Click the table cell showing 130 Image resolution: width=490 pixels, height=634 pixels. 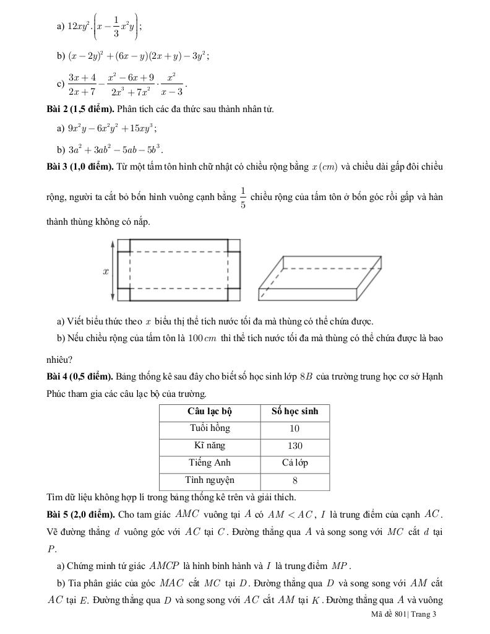[294, 446]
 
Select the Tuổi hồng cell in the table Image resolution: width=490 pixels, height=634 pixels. [210, 428]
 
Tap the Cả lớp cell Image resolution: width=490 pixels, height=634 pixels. [294, 463]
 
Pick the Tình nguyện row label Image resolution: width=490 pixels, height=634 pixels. [210, 480]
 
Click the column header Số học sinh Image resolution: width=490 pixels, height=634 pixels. [294, 411]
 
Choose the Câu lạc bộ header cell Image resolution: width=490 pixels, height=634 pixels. [210, 411]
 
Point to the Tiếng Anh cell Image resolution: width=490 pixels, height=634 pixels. [210, 463]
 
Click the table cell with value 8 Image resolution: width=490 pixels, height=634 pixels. [294, 480]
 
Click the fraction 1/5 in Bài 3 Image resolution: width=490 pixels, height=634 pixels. [243, 198]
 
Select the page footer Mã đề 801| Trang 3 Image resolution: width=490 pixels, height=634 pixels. [404, 614]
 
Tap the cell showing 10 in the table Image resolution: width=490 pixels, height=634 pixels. [294, 428]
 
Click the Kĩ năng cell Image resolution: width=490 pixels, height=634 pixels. [210, 446]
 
